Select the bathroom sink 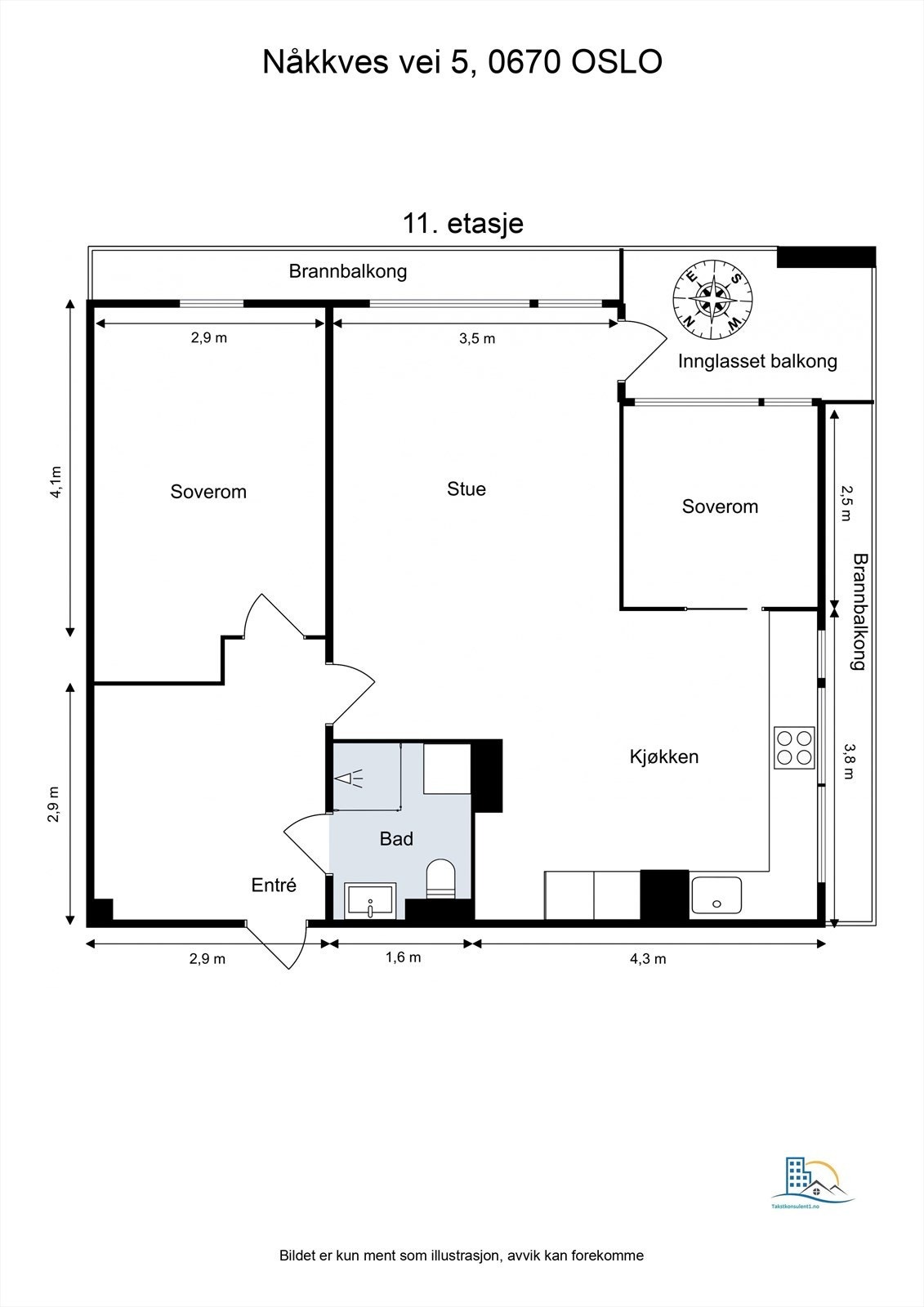(370, 900)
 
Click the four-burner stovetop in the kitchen (794, 747)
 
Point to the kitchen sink (716, 895)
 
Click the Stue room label (466, 488)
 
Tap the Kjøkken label (663, 756)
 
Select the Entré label (273, 885)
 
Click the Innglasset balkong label (757, 361)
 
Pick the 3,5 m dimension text (477, 338)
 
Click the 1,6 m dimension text (403, 957)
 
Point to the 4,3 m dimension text (647, 958)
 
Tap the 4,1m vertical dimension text (55, 482)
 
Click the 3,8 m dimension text (849, 761)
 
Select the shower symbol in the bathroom (351, 778)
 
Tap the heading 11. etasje (462, 223)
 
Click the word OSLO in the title (616, 63)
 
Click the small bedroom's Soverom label (720, 506)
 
